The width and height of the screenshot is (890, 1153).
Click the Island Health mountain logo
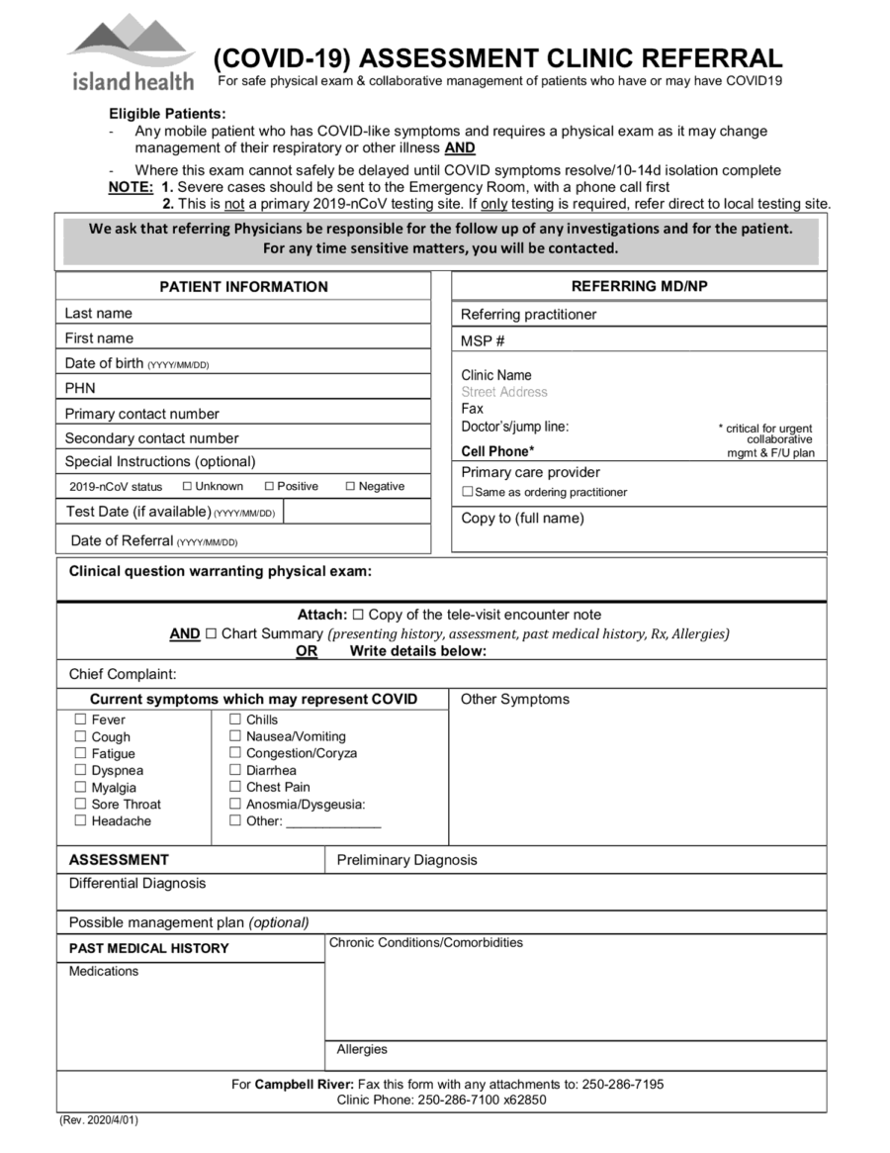tap(132, 51)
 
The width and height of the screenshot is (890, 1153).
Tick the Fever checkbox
tap(81, 720)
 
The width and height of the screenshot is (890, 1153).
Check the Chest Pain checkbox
tap(235, 787)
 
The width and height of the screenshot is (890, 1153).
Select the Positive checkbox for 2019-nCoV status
tap(269, 486)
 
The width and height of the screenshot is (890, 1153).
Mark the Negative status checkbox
tap(350, 486)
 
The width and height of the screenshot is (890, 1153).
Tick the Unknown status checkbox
tap(187, 486)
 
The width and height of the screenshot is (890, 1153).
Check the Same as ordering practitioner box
tap(468, 492)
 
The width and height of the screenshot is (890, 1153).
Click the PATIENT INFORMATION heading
tap(243, 287)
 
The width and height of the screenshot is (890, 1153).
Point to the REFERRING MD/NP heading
tap(639, 287)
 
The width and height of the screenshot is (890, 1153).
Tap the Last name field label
tap(98, 313)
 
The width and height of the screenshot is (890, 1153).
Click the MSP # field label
tap(483, 340)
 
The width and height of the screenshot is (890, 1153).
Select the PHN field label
tap(80, 388)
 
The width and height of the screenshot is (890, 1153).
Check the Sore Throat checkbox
tap(81, 804)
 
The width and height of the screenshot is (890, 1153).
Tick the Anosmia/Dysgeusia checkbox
tap(235, 804)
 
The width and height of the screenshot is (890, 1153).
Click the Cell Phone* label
tap(497, 451)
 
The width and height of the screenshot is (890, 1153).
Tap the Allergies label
tap(362, 1049)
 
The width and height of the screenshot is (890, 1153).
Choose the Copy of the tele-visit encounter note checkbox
tap(358, 615)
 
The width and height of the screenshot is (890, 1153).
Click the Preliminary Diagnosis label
tap(406, 860)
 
